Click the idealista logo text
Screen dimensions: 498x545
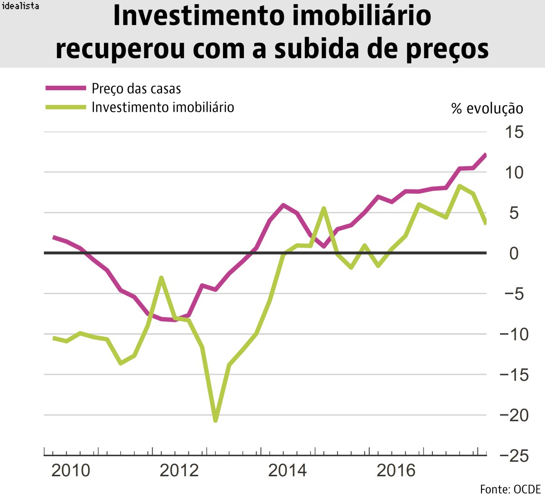coord(20,6)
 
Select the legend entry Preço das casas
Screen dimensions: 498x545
coord(136,89)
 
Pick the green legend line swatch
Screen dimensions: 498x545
coord(66,107)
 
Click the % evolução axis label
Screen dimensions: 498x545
coord(487,109)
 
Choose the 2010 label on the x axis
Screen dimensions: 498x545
coord(71,470)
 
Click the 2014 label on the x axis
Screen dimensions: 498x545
coord(287,470)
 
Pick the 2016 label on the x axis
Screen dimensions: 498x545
coord(396,470)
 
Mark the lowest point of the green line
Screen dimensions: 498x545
coord(215,420)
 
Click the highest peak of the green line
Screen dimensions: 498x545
coord(460,186)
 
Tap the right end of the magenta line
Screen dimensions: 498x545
coord(485,156)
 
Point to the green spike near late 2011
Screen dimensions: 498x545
coord(161,278)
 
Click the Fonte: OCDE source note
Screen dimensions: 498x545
coord(510,489)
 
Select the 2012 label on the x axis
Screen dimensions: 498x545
coord(179,470)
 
